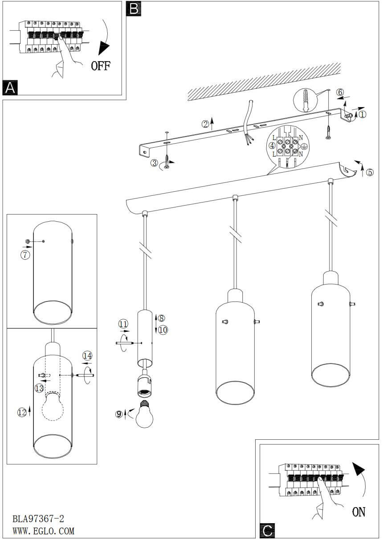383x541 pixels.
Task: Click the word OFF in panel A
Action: [101, 66]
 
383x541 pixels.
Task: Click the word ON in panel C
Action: [359, 512]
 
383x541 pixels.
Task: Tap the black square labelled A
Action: [10, 87]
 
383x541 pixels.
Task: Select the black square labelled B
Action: [134, 8]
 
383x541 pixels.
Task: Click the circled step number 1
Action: [362, 114]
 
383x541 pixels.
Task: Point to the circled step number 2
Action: [205, 124]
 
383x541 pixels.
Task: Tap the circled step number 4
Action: [272, 146]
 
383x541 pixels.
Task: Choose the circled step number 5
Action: [370, 172]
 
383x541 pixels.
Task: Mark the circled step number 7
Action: [25, 255]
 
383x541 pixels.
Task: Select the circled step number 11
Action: [123, 324]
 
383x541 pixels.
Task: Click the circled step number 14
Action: [88, 356]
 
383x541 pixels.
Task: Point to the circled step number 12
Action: [22, 412]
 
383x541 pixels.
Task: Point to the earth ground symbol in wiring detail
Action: [304, 146]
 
